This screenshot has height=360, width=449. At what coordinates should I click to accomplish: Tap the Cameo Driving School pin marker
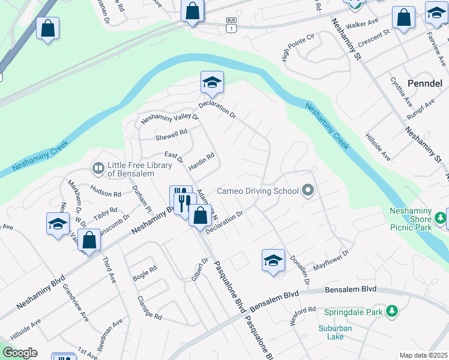coord(309,191)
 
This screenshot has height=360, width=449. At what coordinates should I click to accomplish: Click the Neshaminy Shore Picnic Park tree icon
coord(440,216)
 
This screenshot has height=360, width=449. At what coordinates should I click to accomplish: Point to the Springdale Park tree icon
coord(392,311)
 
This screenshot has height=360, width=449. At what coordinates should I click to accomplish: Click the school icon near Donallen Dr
coord(273,260)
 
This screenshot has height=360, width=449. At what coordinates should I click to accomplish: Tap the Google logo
coord(20,353)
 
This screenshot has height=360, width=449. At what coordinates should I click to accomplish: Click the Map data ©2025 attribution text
coord(423,355)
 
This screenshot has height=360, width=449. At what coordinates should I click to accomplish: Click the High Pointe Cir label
coord(298,47)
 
